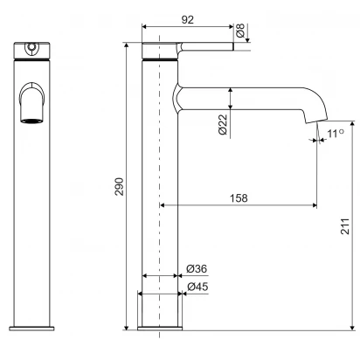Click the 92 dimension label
pyautogui.click(x=187, y=20)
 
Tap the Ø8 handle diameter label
pyautogui.click(x=240, y=31)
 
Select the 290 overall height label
pyautogui.click(x=119, y=186)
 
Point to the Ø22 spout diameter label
pyautogui.click(x=223, y=124)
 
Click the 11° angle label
pyautogui.click(x=336, y=134)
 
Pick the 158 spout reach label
pyautogui.click(x=239, y=198)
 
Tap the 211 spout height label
pyautogui.click(x=345, y=226)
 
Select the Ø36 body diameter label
pyautogui.click(x=197, y=268)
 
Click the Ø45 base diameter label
pyautogui.click(x=197, y=287)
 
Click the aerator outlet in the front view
pyautogui.click(x=32, y=121)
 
